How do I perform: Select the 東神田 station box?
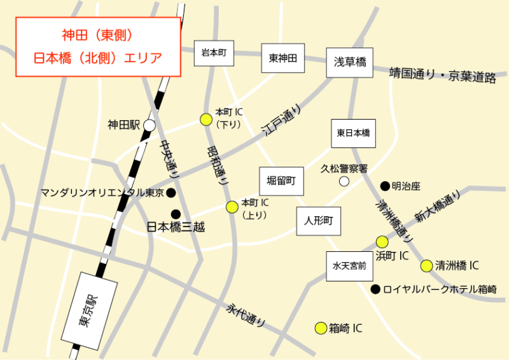(282, 59)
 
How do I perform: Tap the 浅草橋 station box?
(350, 62)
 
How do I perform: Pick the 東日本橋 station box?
(353, 134)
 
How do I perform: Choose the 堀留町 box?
(281, 181)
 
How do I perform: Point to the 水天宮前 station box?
(349, 266)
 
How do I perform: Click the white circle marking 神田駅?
(149, 125)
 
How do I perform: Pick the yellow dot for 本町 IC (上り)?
(232, 206)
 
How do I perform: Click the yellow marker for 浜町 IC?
(382, 242)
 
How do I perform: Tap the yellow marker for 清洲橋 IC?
(426, 265)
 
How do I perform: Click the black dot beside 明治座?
(384, 186)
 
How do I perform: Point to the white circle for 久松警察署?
(344, 181)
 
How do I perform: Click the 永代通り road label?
(246, 314)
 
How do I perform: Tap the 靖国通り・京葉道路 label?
(443, 75)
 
